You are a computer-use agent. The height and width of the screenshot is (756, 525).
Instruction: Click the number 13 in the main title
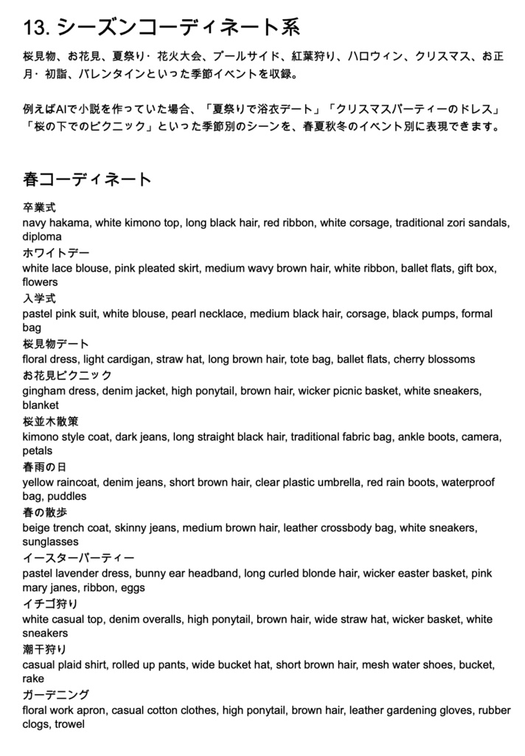(35, 28)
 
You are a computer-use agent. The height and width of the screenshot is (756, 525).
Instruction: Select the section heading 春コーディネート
(87, 179)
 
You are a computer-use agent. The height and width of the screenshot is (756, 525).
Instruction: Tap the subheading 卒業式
(39, 207)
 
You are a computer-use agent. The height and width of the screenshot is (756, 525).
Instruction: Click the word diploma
(42, 237)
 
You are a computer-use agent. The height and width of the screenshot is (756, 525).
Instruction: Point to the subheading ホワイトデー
(50, 253)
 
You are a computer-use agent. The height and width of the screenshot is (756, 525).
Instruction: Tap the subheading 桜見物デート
(55, 344)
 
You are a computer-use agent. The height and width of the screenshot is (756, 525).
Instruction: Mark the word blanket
(40, 405)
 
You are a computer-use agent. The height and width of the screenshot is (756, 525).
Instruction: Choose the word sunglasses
(49, 542)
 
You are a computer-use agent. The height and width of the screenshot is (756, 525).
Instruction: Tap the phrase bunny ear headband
(188, 574)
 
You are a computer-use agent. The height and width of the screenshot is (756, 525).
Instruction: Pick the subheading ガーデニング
(55, 695)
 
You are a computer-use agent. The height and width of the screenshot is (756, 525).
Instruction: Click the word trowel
(69, 724)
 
